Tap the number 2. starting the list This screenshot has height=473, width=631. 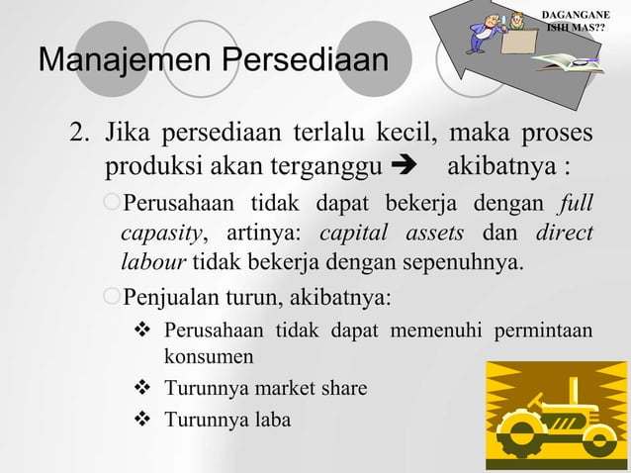[x=80, y=132]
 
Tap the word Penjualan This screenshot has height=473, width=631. [x=169, y=296]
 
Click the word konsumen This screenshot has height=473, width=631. [x=208, y=355]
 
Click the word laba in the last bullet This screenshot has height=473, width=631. [x=271, y=421]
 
